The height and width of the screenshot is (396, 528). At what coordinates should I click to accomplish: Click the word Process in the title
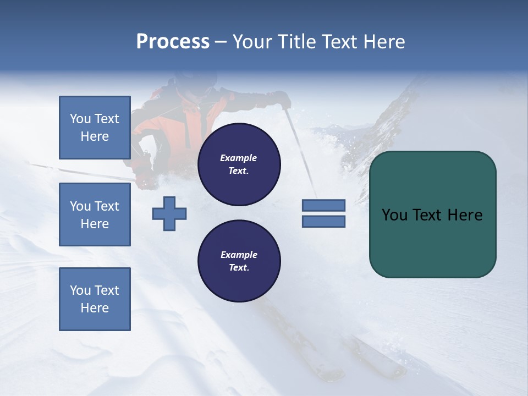(173, 42)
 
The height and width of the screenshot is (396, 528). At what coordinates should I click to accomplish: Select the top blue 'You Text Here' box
(95, 128)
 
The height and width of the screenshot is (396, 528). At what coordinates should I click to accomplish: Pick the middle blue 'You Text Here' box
(95, 215)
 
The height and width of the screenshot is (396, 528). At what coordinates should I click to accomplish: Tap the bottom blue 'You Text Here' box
(95, 299)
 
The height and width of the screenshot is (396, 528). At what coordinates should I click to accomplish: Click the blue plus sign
(169, 213)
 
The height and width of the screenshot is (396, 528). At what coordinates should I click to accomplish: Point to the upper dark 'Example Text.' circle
(239, 164)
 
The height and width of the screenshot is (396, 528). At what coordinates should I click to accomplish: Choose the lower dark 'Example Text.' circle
(239, 261)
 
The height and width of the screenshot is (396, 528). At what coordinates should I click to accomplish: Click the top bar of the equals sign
(323, 206)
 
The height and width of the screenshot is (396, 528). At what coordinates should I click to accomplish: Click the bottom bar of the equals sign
(323, 221)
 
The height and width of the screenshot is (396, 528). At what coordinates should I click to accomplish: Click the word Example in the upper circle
(239, 158)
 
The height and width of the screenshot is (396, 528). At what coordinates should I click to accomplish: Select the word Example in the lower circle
(239, 255)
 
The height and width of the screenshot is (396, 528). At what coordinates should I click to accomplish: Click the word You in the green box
(394, 215)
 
